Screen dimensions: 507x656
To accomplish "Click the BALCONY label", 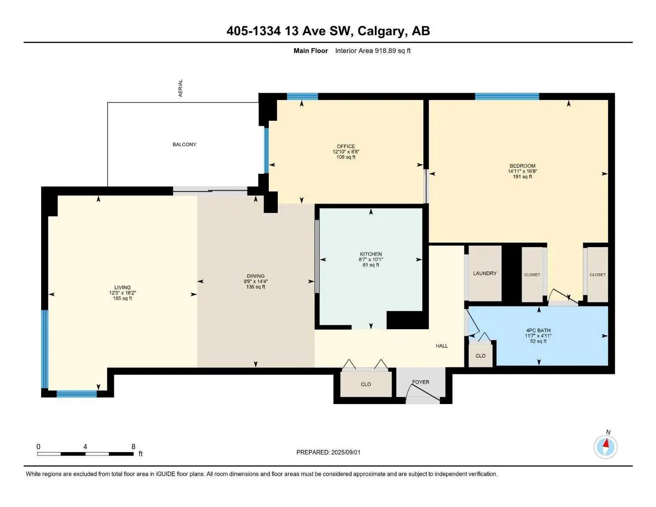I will pyautogui.click(x=184, y=145).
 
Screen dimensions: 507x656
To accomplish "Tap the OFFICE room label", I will pyautogui.click(x=346, y=147).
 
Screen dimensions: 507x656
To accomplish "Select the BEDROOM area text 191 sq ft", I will pyautogui.click(x=522, y=177).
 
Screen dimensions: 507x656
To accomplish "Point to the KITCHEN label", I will pyautogui.click(x=370, y=254).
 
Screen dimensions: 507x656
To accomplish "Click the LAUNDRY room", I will pyautogui.click(x=485, y=273).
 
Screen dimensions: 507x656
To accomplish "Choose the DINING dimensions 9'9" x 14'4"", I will pyautogui.click(x=255, y=282).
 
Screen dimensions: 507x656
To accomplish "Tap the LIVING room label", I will pyautogui.click(x=122, y=287).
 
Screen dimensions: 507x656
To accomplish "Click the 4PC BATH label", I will pyautogui.click(x=538, y=330).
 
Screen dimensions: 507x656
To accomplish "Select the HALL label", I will pyautogui.click(x=442, y=346).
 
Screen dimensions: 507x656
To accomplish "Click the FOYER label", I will pyautogui.click(x=421, y=382).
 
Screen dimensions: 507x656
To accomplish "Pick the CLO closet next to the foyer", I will pyautogui.click(x=366, y=384).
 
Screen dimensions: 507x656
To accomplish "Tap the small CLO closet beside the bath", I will pyautogui.click(x=480, y=356).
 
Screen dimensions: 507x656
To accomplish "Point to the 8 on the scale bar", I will pyautogui.click(x=133, y=447).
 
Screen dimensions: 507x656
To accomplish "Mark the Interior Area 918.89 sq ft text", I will pyautogui.click(x=373, y=51).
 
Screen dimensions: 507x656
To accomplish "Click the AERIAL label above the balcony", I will pyautogui.click(x=181, y=88).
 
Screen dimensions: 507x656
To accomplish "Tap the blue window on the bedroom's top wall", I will pyautogui.click(x=506, y=97).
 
